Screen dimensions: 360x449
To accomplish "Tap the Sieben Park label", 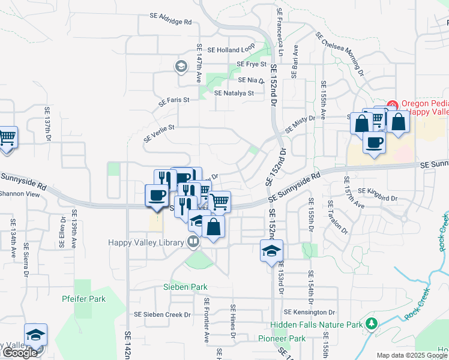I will (x=185, y=287).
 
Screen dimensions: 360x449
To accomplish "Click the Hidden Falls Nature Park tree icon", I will (x=372, y=324).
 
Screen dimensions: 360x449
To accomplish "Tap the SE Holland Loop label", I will (x=231, y=50).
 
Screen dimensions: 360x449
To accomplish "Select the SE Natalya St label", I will (x=231, y=93).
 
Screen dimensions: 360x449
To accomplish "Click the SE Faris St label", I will (x=174, y=102).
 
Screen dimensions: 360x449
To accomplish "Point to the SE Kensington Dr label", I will (x=310, y=312).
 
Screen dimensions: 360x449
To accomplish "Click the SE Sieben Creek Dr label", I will (x=162, y=314).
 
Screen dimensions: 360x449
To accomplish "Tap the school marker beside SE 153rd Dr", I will (x=271, y=250).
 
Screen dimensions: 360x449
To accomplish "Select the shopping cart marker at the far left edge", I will (x=7, y=137).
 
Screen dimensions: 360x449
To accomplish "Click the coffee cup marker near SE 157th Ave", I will (x=375, y=143).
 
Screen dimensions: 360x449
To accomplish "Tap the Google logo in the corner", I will (x=19, y=353).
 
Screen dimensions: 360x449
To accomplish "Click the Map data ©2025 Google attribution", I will (x=412, y=355).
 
